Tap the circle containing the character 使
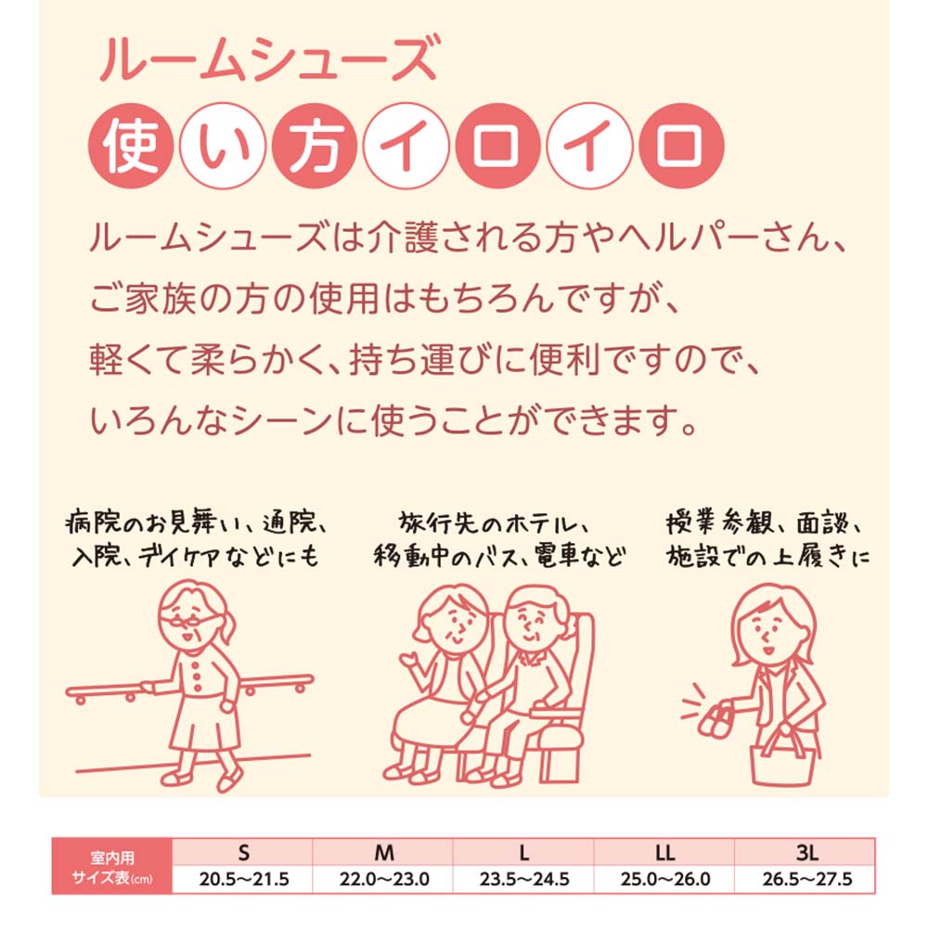click(x=131, y=148)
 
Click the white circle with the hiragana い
click(x=223, y=148)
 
